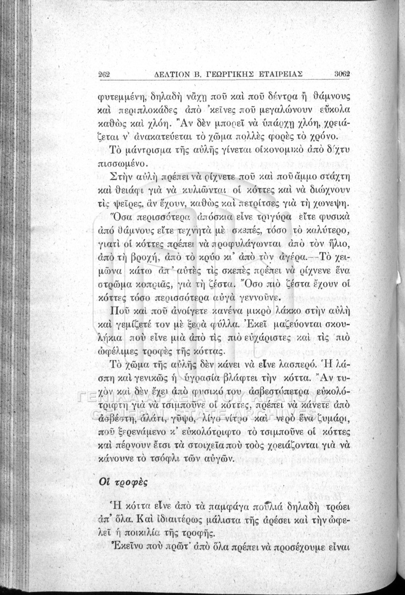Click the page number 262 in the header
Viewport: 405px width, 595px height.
coord(104,74)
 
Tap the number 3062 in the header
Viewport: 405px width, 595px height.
coord(342,74)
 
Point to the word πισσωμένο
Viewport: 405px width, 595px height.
coord(121,163)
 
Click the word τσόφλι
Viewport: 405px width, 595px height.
coord(167,448)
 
